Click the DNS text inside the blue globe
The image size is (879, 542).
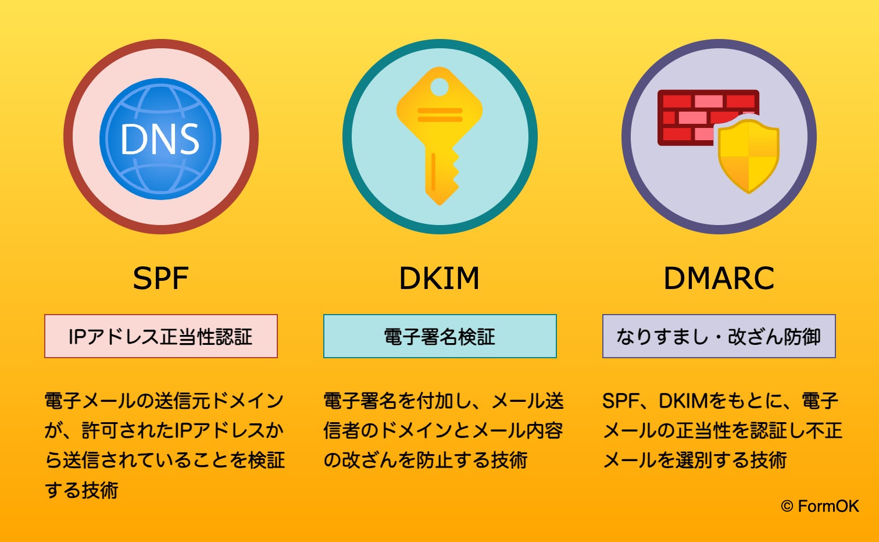(160, 140)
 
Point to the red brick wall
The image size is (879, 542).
(692, 113)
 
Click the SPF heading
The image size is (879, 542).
(160, 279)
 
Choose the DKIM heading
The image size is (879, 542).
(440, 279)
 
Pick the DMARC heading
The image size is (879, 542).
(719, 279)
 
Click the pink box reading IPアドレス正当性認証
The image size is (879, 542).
(161, 336)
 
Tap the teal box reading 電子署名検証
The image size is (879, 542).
(440, 336)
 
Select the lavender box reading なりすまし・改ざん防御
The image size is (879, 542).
(719, 336)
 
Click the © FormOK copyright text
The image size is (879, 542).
(820, 507)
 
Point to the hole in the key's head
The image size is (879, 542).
(440, 87)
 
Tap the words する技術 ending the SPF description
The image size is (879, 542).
(82, 490)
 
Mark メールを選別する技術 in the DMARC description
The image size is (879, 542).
(695, 460)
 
